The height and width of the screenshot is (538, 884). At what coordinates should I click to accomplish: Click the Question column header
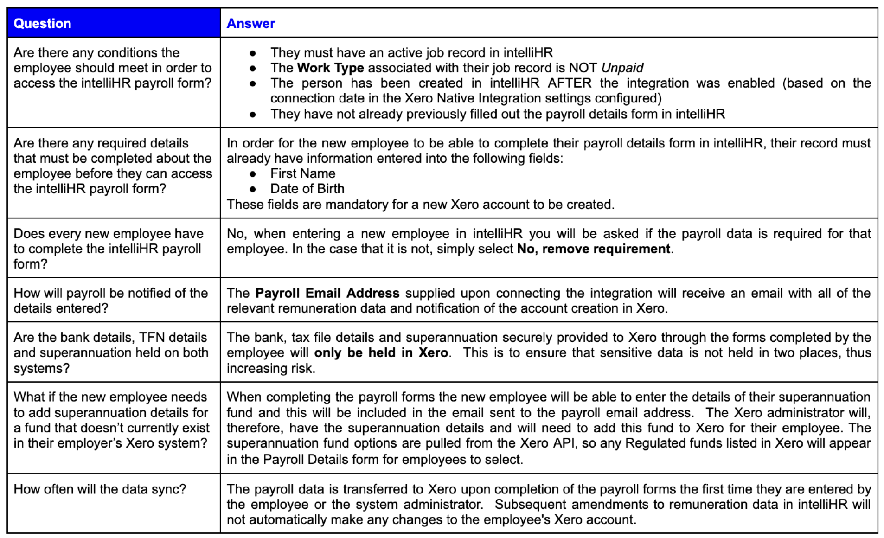point(42,23)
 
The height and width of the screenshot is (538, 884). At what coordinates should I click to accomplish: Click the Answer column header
point(250,23)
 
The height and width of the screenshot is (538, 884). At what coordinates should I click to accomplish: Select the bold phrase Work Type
point(330,68)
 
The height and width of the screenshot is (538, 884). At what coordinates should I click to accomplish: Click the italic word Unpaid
point(622,68)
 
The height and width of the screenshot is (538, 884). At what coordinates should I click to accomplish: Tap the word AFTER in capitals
point(569,83)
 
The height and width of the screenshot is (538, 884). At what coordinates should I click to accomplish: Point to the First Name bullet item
point(303,173)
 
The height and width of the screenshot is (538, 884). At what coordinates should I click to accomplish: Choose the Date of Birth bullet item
point(307,189)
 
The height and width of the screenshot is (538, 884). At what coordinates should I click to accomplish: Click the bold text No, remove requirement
point(593,249)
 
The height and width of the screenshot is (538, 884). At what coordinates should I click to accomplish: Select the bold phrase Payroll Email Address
point(327,293)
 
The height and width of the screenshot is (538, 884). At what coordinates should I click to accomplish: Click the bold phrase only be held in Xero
point(381,352)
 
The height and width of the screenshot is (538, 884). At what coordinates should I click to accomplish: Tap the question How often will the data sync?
point(100,489)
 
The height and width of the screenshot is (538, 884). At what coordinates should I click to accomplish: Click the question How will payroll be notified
point(110,301)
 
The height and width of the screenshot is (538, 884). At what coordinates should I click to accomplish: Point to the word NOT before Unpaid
point(583,68)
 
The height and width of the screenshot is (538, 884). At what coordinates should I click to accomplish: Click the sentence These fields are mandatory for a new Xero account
point(420,205)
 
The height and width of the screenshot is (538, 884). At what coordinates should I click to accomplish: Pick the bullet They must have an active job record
point(411,52)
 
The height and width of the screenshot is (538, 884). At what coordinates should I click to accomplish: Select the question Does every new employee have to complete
point(108,249)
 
